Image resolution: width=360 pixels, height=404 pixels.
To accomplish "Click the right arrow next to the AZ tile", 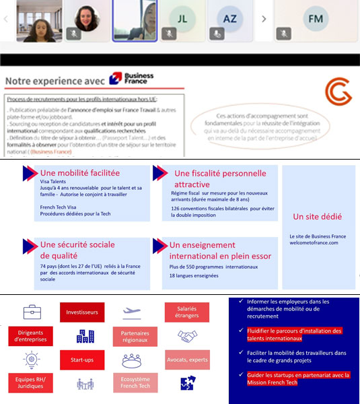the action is (263, 19).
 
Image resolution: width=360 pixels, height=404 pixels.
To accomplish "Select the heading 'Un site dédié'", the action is (317, 217).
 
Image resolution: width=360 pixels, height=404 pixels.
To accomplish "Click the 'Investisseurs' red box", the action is (81, 312).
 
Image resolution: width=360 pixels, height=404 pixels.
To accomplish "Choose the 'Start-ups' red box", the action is (81, 360).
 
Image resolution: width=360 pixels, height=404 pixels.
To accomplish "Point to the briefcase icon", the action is (32, 312).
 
